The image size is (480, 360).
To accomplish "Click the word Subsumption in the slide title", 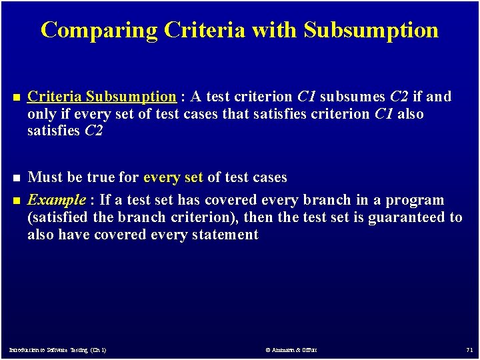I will (x=371, y=30).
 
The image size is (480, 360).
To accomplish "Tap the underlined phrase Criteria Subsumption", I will (x=101, y=97).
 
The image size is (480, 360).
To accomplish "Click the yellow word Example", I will (x=57, y=200).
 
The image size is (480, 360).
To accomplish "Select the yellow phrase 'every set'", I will (x=173, y=177).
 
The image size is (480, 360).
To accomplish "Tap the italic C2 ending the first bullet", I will (x=93, y=131).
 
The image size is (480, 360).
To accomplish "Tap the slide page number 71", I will (x=469, y=350).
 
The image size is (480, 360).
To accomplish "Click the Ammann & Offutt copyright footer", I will (x=291, y=350).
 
